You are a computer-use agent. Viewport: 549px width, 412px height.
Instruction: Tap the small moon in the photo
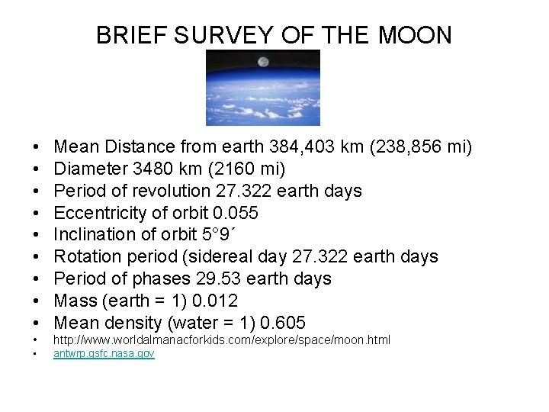263,62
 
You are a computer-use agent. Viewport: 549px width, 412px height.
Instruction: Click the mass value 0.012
216,300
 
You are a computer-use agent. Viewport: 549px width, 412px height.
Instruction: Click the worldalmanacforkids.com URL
221,340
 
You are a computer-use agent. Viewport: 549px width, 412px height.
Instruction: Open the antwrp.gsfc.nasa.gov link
104,355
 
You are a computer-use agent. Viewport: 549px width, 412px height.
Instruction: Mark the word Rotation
88,256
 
